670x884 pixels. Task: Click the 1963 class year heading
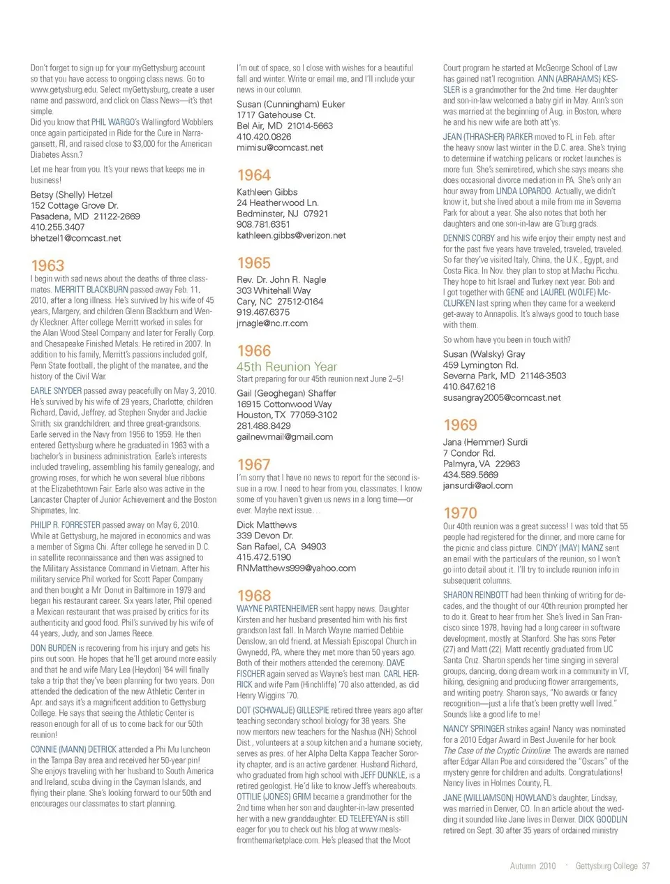point(47,265)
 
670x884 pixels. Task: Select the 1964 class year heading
point(253,175)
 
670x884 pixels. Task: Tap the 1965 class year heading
point(253,263)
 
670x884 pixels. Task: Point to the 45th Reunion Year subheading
point(286,367)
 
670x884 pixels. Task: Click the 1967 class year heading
point(253,464)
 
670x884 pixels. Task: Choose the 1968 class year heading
point(253,596)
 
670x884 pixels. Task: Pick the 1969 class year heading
point(460,425)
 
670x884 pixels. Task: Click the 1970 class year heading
point(460,513)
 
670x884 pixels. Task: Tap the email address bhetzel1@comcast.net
point(75,238)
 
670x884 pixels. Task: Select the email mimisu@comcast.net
point(279,148)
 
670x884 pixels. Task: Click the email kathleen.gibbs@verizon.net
point(291,236)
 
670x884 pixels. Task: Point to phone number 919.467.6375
point(262,312)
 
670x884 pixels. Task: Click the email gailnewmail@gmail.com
point(284,437)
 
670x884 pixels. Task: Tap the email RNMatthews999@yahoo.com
point(296,568)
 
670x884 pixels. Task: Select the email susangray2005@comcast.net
point(501,398)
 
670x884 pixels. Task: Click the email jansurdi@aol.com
point(477,486)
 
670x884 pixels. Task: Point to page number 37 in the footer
point(646,866)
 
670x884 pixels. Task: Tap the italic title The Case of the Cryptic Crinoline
point(496,751)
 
